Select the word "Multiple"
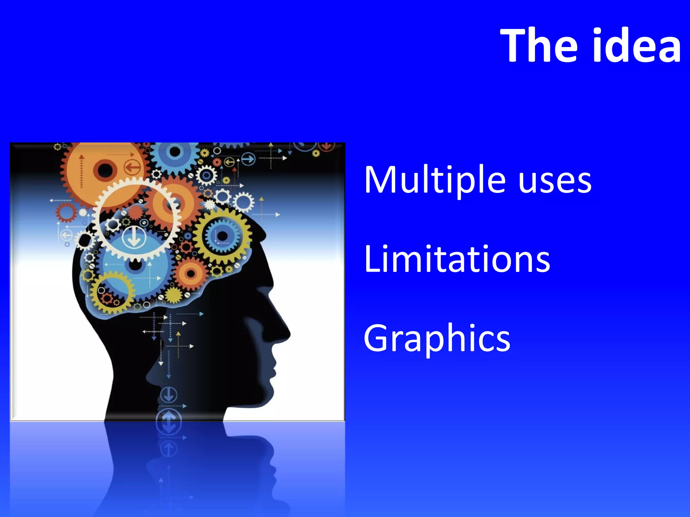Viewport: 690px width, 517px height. point(435,180)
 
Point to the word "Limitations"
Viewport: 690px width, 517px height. point(457,259)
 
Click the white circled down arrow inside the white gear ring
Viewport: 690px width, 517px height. point(134,238)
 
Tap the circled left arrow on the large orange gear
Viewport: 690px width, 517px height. point(132,167)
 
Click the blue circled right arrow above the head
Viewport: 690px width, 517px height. point(249,159)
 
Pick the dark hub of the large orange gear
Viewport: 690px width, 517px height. point(105,170)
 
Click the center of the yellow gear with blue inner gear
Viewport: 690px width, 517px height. point(222,236)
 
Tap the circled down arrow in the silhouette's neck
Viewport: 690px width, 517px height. point(168,395)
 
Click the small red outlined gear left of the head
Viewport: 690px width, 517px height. point(66,213)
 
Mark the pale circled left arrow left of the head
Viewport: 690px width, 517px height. point(66,235)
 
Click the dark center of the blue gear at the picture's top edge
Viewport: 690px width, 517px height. point(175,151)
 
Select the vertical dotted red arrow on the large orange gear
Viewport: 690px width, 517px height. point(81,172)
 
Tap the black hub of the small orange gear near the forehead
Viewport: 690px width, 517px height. point(191,273)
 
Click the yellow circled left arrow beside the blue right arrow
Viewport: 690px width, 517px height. point(229,163)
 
